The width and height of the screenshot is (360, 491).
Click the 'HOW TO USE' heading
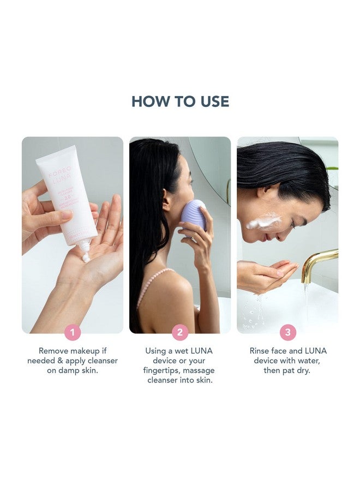tap(180, 101)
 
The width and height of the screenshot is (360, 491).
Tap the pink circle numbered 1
tap(73, 332)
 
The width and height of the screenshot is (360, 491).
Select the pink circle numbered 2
tap(180, 332)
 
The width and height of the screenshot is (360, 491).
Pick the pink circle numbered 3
tap(287, 332)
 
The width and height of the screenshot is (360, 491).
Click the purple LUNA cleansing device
tap(194, 214)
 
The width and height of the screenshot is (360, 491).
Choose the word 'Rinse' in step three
tap(261, 351)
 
